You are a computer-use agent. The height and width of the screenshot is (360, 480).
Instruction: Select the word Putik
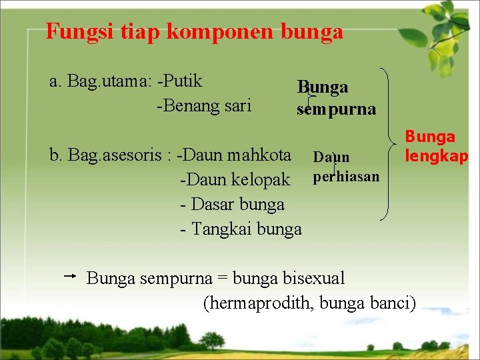183,81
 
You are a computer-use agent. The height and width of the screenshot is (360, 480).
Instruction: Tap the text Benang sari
204,105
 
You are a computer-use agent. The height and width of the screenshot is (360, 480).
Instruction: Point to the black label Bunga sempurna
335,98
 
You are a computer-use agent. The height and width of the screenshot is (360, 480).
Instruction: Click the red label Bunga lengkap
436,146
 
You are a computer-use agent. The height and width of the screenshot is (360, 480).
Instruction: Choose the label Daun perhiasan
345,167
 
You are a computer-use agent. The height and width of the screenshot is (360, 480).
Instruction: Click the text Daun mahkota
236,155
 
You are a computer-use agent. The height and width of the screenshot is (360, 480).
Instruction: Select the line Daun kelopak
235,179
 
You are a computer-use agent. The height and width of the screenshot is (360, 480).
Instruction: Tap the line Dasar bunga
232,204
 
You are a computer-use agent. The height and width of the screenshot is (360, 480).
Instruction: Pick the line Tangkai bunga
241,229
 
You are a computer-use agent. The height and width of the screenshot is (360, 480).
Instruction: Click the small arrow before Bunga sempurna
72,275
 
